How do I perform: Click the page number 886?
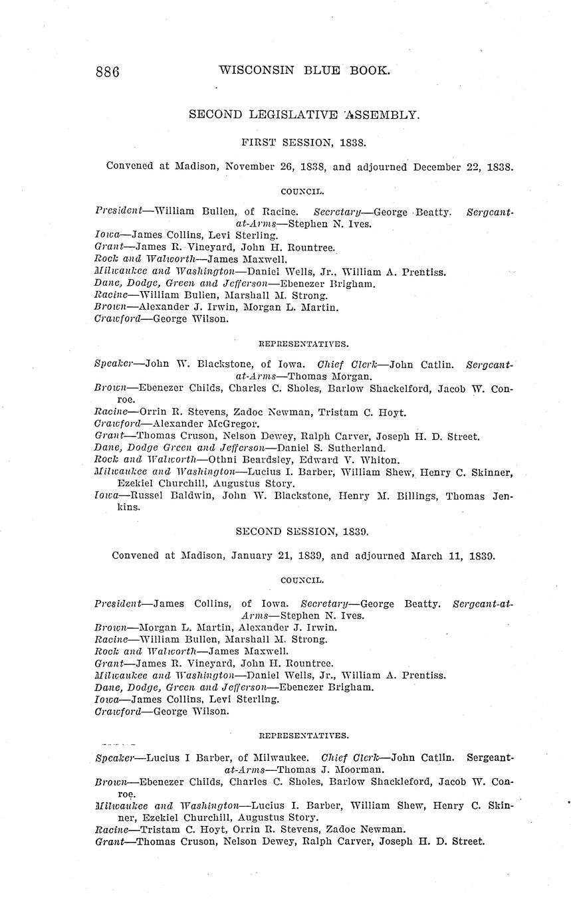point(108,72)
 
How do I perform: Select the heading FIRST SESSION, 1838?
point(304,142)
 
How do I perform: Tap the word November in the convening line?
point(247,167)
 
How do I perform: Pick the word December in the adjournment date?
point(438,167)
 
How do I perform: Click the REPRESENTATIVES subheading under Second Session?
point(303,736)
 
